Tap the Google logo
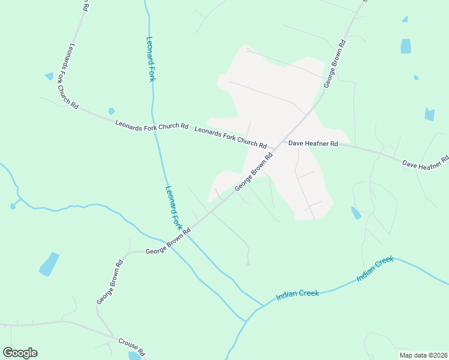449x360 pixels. coord(20,353)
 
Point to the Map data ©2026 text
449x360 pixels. coord(423,355)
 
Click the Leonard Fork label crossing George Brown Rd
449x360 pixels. coord(173,208)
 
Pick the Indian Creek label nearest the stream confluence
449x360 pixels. coord(298,295)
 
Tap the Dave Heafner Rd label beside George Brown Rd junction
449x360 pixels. coord(313,144)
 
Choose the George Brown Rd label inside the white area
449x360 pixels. coord(253,172)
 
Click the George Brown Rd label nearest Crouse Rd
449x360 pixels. coord(110,281)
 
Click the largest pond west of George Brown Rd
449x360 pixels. coord(49,264)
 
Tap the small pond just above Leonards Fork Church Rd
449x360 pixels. coord(111,111)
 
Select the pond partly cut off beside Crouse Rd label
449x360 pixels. coord(133,356)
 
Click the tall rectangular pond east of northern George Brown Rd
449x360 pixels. coord(406,46)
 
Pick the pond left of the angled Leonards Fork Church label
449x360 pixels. coord(49,76)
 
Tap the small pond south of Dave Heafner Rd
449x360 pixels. coord(356,213)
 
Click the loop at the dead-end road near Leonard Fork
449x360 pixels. coord(247,263)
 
